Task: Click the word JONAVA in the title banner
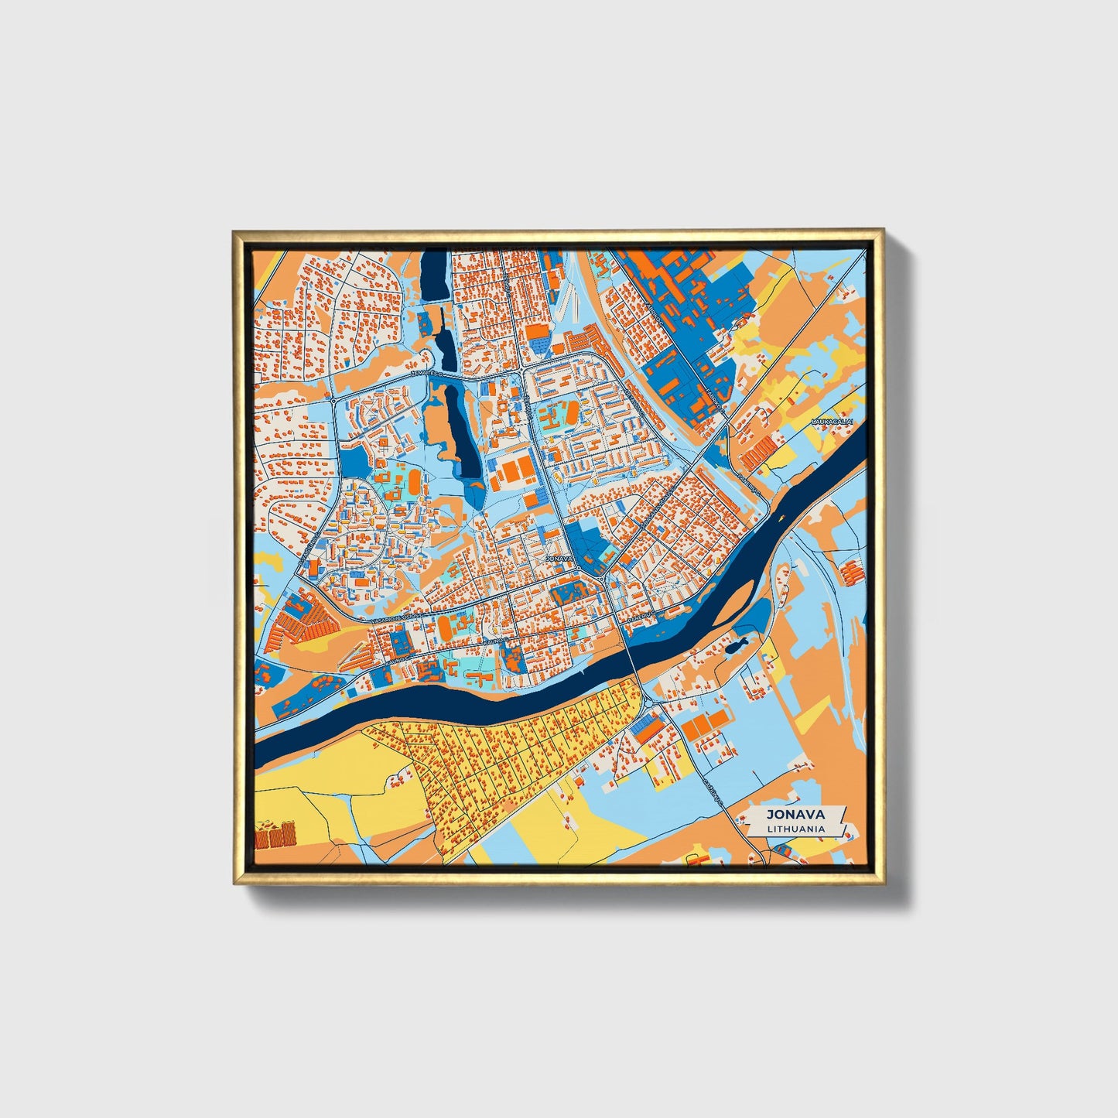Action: point(795,814)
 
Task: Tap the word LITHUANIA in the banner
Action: point(795,829)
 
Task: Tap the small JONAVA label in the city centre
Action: point(559,558)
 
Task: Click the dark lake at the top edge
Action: point(434,276)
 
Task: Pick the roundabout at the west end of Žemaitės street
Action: point(333,401)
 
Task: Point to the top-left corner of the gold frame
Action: point(234,231)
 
